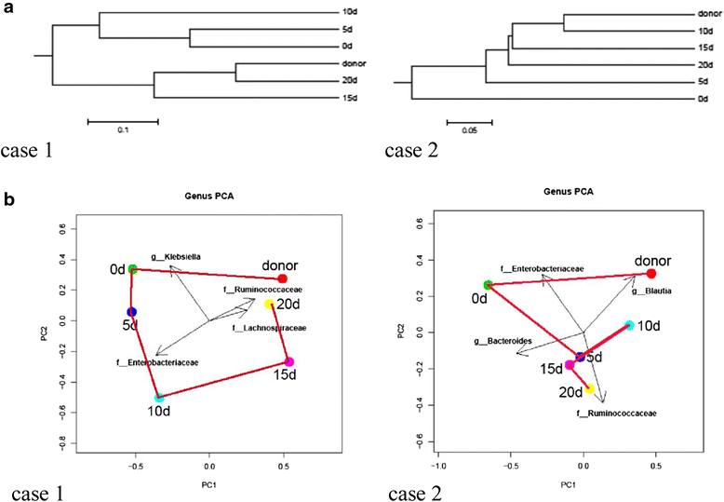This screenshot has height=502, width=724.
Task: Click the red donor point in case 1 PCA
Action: (283, 279)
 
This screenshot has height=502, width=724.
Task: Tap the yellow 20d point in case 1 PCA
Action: (269, 305)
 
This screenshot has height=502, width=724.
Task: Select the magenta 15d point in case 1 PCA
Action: (289, 361)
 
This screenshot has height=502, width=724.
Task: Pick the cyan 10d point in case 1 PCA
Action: (159, 398)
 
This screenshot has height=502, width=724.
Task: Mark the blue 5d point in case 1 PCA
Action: (132, 312)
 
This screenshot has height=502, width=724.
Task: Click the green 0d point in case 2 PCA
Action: (488, 285)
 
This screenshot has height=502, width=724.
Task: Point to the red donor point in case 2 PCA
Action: (651, 274)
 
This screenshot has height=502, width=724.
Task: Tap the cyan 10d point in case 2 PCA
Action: (629, 325)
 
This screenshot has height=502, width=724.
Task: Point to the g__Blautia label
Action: (651, 292)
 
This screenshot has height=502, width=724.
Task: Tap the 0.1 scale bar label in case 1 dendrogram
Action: (122, 131)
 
